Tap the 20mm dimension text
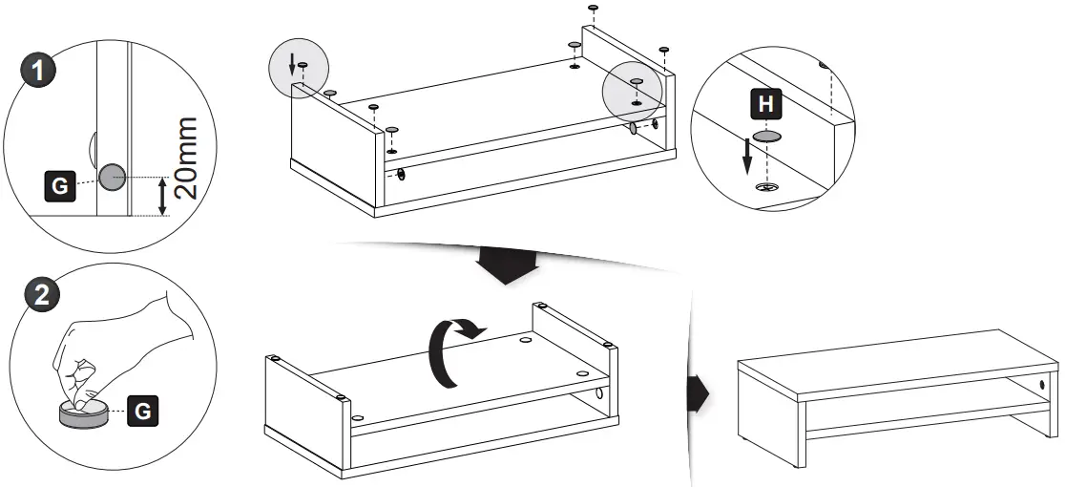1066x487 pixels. (x=187, y=158)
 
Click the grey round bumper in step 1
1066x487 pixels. (x=113, y=177)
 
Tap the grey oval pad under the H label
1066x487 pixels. (x=765, y=138)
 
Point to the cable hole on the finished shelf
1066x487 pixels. (x=1039, y=387)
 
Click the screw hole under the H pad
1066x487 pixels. (x=763, y=186)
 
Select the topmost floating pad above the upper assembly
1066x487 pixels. (x=593, y=8)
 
